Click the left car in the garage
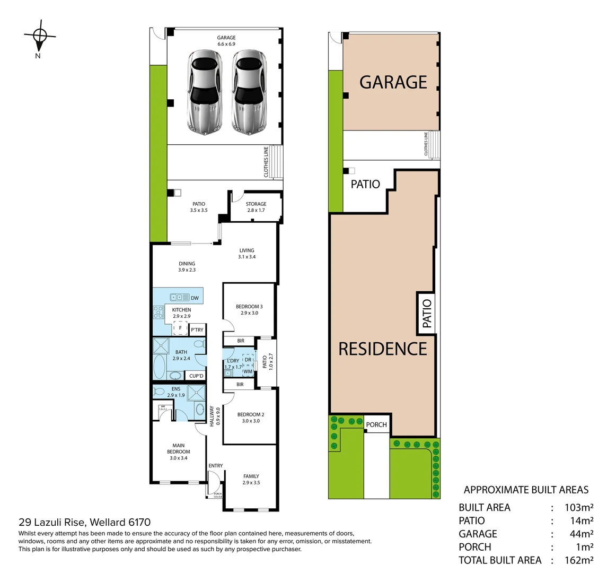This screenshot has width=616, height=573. [x=204, y=91]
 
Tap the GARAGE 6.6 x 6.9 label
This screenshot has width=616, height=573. [x=226, y=41]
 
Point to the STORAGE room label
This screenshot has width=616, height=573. [x=256, y=207]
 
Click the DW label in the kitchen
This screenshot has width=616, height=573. [x=195, y=298]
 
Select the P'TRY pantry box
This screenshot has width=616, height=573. [x=197, y=329]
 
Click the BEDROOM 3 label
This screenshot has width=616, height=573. [x=249, y=310]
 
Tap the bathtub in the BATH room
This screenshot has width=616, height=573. [x=159, y=366]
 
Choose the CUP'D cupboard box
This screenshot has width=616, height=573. [x=196, y=376]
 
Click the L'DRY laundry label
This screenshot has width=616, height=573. [x=233, y=364]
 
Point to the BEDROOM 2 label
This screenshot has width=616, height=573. [x=251, y=418]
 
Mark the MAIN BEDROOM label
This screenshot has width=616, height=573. [x=178, y=452]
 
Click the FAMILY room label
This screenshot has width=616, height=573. [x=251, y=480]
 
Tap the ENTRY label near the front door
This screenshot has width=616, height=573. [x=216, y=466]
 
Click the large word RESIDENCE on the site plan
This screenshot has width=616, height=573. [x=383, y=349]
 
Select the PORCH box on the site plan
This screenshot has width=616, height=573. [x=376, y=424]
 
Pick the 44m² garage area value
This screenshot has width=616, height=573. [x=581, y=534]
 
